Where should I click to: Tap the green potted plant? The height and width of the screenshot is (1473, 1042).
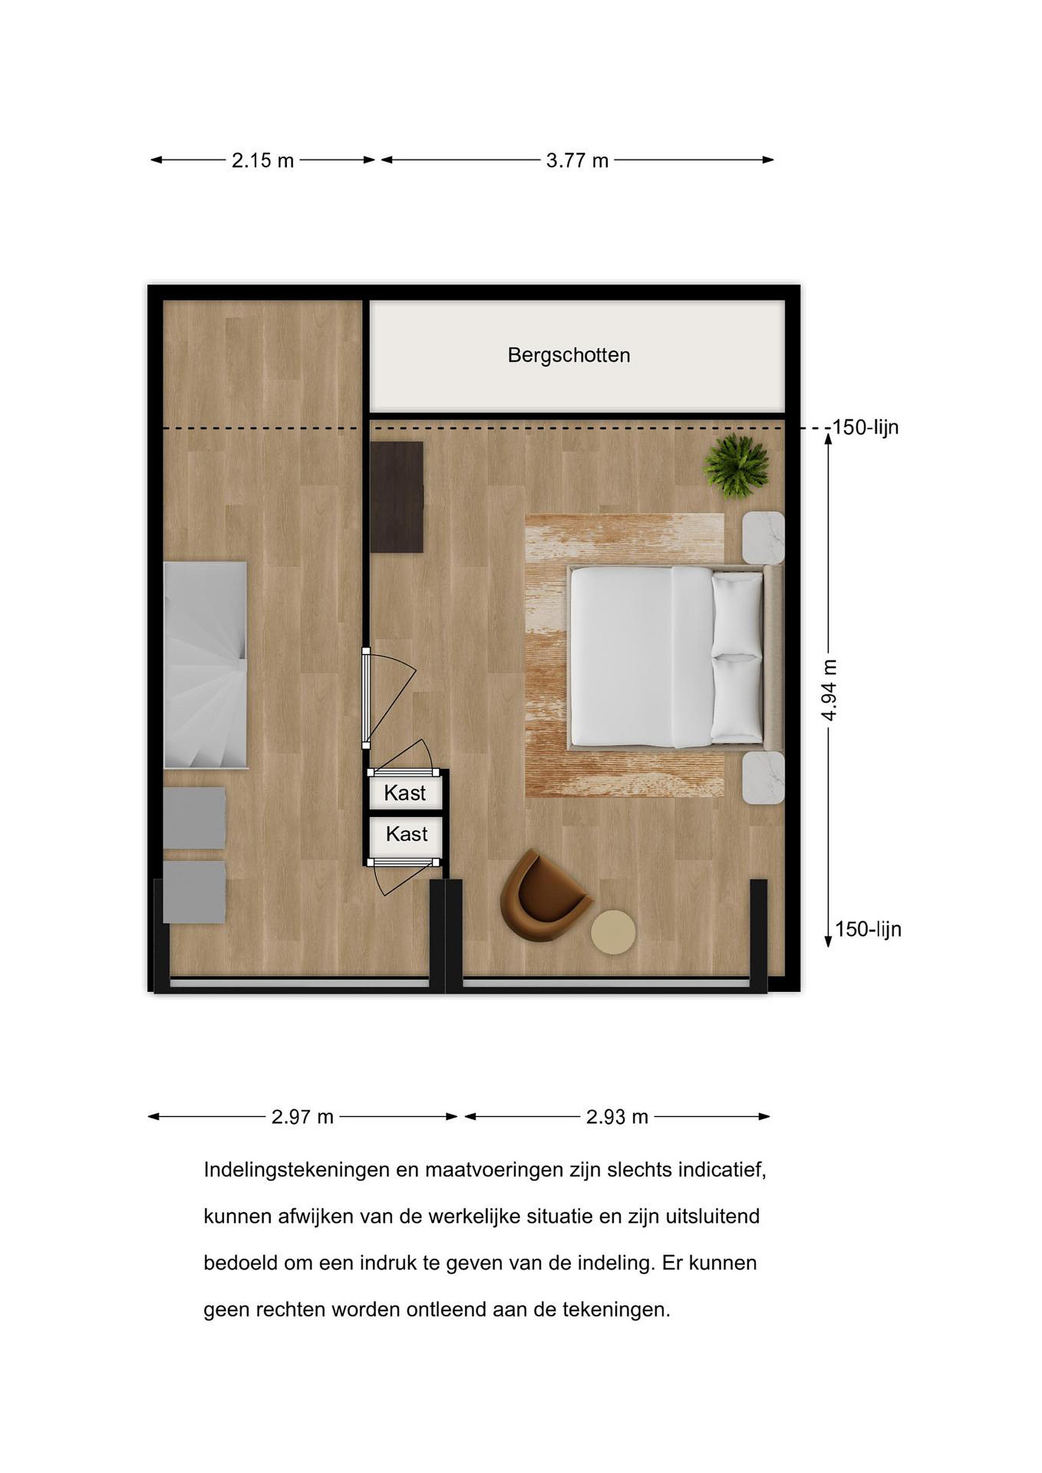736,466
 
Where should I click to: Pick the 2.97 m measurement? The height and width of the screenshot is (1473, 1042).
302,1117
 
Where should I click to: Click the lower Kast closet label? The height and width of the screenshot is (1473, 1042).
407,834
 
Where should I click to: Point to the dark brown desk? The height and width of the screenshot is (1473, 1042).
396,497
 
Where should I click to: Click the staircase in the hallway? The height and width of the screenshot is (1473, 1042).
205,665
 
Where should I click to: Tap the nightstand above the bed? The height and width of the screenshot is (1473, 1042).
764,538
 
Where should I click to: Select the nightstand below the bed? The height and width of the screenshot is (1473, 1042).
764,777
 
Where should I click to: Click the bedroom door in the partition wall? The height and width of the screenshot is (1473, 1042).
366,699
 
